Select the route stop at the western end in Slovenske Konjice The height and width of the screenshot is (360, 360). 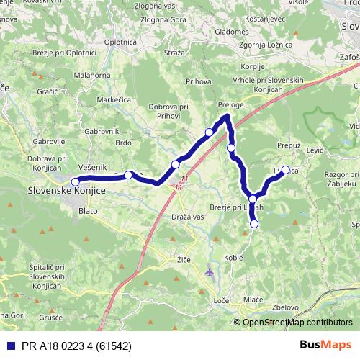click(x=75, y=181)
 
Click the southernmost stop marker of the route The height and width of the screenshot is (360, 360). click(x=253, y=224)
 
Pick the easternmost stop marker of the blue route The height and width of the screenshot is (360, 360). click(x=286, y=170)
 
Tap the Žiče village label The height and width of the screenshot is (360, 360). click(x=184, y=258)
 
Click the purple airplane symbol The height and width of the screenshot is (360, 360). click(x=209, y=272)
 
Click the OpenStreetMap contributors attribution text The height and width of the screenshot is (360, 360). click(x=297, y=322)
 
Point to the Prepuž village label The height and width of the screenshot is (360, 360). click(x=288, y=145)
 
